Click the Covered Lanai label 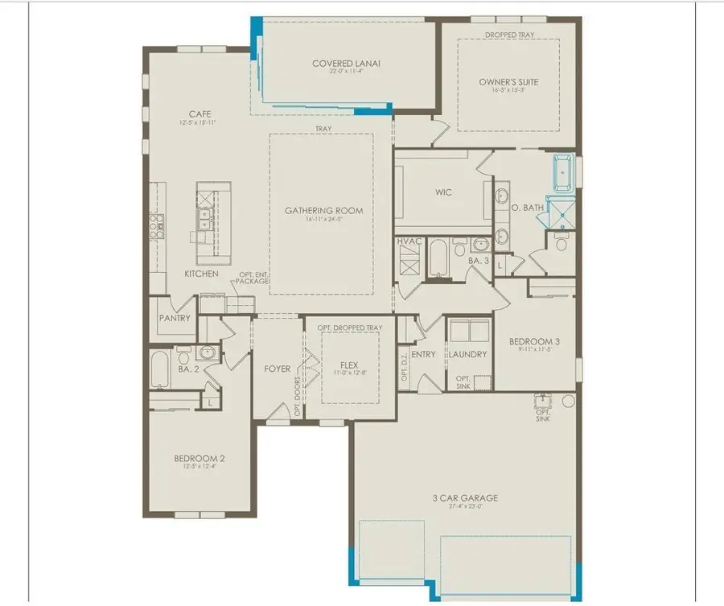click(x=347, y=64)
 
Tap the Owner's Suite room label click(x=508, y=82)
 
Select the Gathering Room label click(x=323, y=211)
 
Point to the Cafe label click(x=200, y=114)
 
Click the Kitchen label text click(x=201, y=274)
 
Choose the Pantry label click(x=175, y=318)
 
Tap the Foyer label click(x=277, y=369)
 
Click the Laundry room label click(x=467, y=354)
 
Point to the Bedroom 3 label click(x=534, y=341)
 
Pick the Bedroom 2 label click(x=200, y=459)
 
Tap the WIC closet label click(x=443, y=192)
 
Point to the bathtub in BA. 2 click(x=158, y=369)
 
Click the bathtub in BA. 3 click(x=438, y=256)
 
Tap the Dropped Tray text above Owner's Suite click(x=508, y=35)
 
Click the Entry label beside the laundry click(x=423, y=354)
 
